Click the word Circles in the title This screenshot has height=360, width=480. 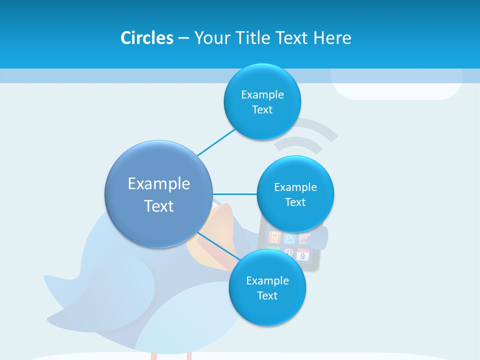(x=146, y=37)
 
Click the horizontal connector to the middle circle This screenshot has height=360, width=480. (x=234, y=194)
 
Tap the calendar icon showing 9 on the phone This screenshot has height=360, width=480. (x=303, y=254)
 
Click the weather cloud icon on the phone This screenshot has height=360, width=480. (x=289, y=238)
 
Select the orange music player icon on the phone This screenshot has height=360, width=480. (x=274, y=237)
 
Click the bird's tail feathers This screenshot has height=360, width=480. (x=62, y=285)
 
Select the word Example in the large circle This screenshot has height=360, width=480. (x=158, y=184)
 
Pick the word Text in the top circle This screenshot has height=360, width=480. (x=262, y=110)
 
